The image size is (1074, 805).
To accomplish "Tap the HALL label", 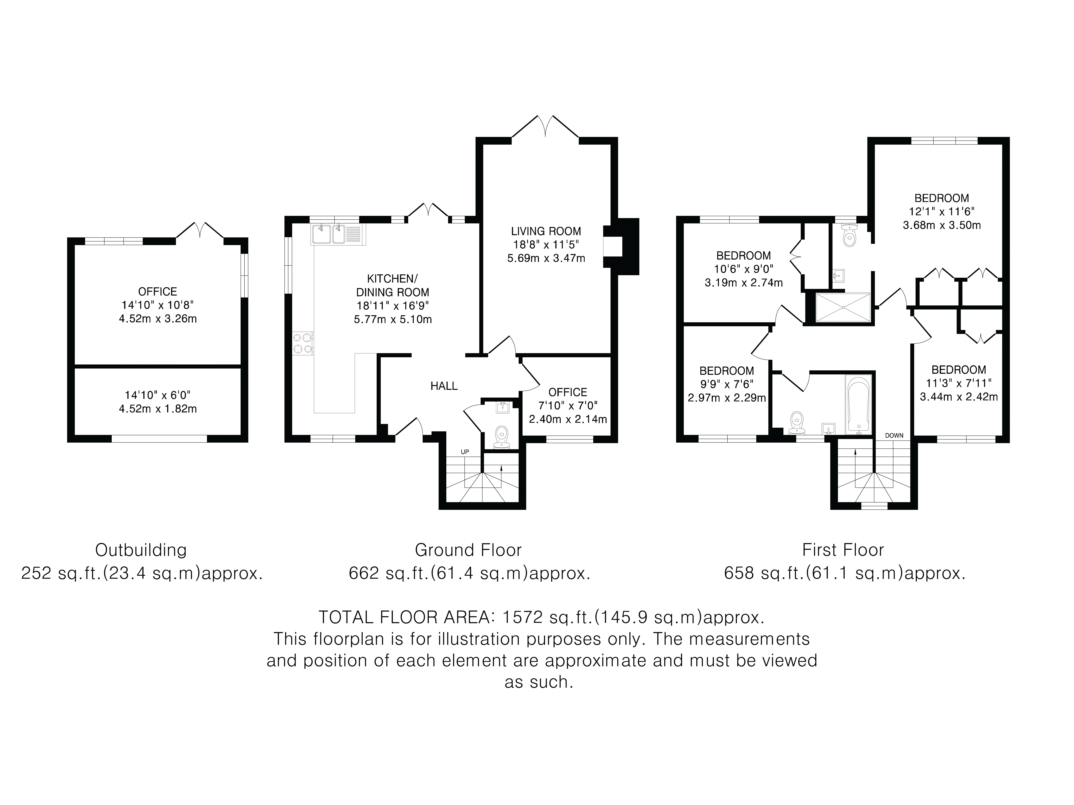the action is click(x=444, y=386).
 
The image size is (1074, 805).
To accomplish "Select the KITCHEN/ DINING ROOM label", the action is click(x=392, y=285).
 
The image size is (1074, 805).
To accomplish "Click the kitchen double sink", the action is click(x=337, y=234).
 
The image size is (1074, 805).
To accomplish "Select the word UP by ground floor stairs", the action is click(x=465, y=452).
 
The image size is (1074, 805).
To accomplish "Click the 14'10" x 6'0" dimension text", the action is click(x=158, y=395).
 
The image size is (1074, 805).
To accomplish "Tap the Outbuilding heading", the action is click(x=141, y=550).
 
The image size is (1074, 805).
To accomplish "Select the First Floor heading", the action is click(x=843, y=550).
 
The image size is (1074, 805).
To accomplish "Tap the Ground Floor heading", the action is click(x=468, y=550).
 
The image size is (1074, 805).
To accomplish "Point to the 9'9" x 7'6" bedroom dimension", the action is click(x=727, y=384).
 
